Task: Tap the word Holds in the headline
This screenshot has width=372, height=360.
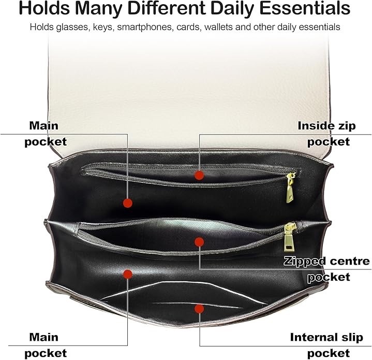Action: [44, 8]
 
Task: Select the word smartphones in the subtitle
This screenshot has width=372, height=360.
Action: [144, 27]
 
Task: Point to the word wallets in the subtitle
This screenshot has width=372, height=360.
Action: [218, 27]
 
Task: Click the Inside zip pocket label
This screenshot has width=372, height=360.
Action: [327, 134]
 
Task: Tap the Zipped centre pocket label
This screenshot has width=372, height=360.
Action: [327, 269]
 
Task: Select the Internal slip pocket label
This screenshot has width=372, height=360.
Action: [326, 345]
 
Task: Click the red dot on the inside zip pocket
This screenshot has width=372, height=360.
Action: [199, 175]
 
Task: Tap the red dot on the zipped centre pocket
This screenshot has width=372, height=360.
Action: [199, 242]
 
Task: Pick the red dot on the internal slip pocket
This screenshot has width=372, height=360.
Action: [199, 309]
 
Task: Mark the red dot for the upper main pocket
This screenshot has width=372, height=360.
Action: [128, 203]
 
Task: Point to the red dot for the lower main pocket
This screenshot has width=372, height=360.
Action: [128, 274]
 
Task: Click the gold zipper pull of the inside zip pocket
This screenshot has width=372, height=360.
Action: [290, 188]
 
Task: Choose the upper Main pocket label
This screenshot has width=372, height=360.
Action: [46, 134]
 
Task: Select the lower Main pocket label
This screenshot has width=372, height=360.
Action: [46, 345]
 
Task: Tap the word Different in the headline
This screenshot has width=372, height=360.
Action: [167, 8]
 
